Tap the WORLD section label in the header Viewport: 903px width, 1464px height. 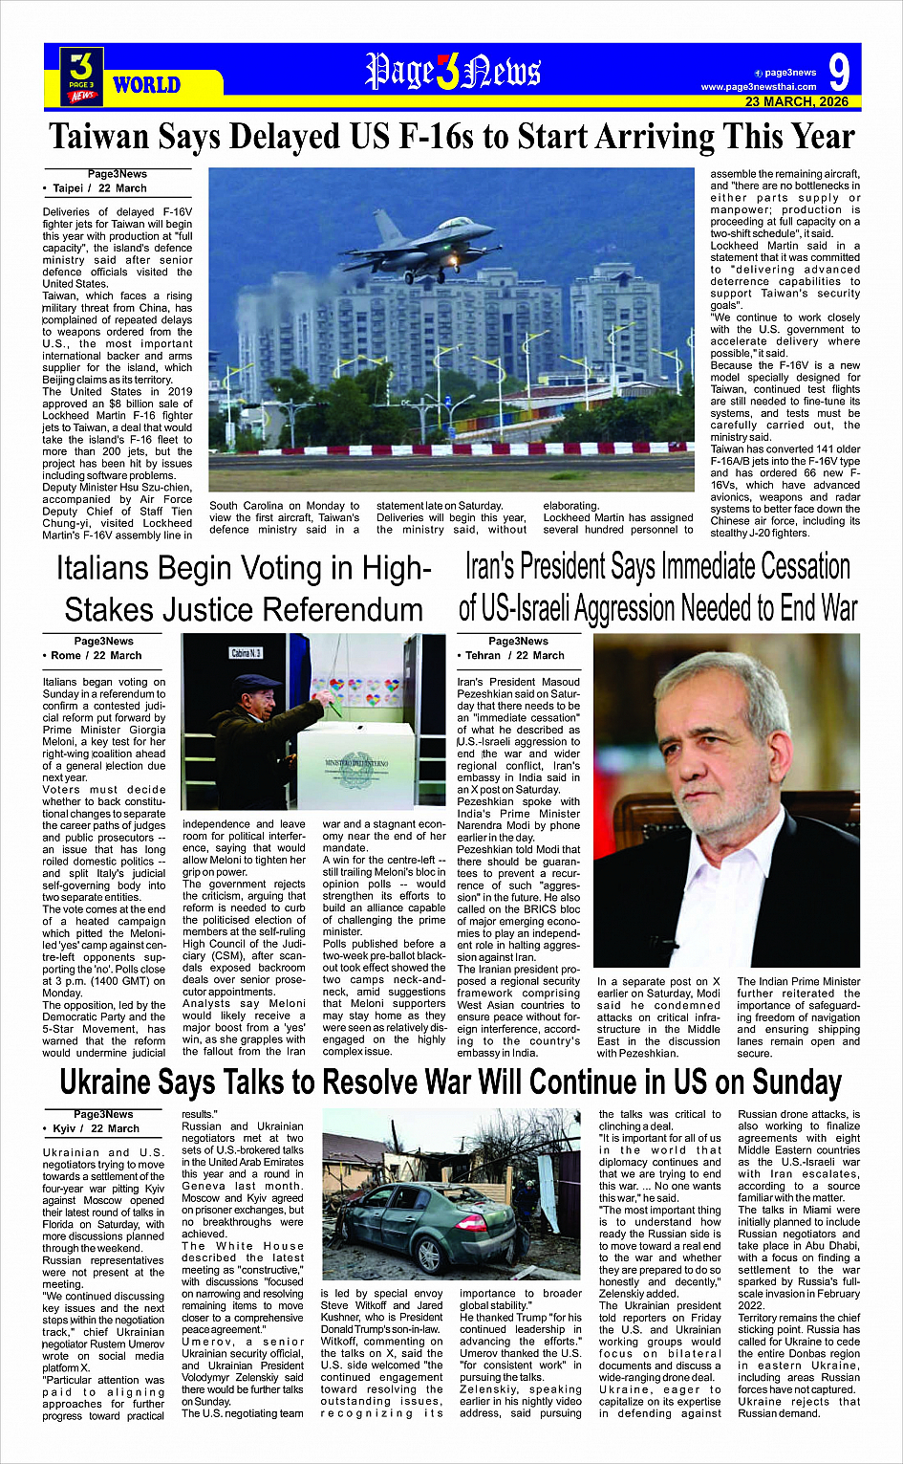146,85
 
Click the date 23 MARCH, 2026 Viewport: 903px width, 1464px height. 796,101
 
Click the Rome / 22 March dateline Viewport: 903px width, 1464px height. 97,655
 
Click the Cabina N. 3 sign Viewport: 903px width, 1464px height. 247,653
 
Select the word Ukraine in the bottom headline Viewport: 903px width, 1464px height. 106,1083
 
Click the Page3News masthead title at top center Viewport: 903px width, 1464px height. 453,72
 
